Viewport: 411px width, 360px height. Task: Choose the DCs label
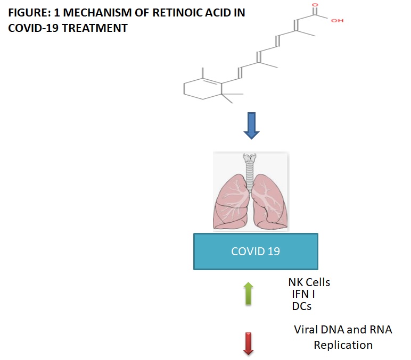pyautogui.click(x=302, y=306)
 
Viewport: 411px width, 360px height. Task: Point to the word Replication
pyautogui.click(x=343, y=345)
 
